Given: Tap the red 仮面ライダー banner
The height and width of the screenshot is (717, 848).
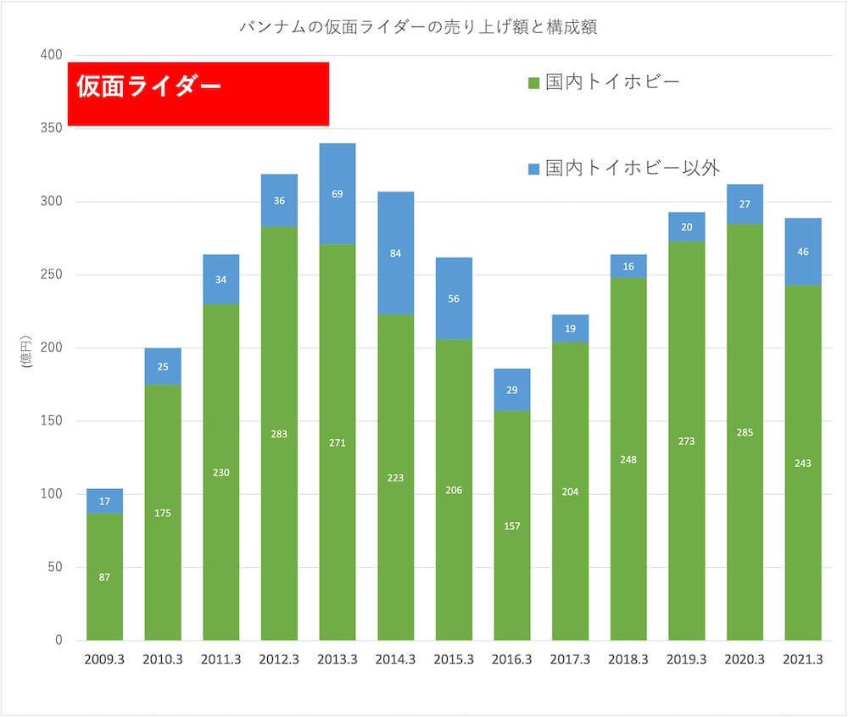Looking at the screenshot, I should click(x=198, y=94).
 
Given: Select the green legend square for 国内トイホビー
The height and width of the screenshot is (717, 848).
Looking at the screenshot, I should click(x=533, y=83).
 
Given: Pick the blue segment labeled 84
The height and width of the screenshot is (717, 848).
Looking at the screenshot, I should click(x=396, y=253).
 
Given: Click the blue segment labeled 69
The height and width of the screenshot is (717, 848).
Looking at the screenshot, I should click(x=338, y=194).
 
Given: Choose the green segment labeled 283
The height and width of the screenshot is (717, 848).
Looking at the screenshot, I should click(x=279, y=434).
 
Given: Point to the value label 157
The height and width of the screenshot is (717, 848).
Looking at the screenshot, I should click(x=512, y=526).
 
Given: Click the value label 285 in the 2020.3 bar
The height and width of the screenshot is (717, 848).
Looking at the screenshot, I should click(x=745, y=432).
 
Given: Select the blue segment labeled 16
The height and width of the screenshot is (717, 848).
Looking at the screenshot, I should click(x=628, y=266).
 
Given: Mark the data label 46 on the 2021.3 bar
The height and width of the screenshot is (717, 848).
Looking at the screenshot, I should click(x=803, y=252).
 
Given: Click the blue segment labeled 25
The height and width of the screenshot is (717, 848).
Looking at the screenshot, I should click(x=163, y=367).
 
